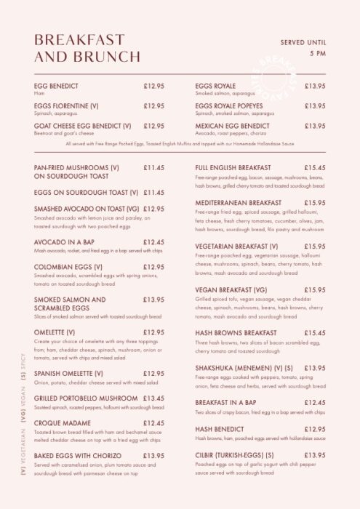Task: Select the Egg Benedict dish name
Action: tap(58, 86)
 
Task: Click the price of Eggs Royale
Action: tap(315, 86)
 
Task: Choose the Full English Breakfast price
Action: tap(315, 167)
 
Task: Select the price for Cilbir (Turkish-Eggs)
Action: tap(315, 455)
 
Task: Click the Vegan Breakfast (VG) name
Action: tap(231, 290)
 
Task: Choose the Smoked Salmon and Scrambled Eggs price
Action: tap(153, 299)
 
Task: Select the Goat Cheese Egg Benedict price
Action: tap(153, 126)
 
